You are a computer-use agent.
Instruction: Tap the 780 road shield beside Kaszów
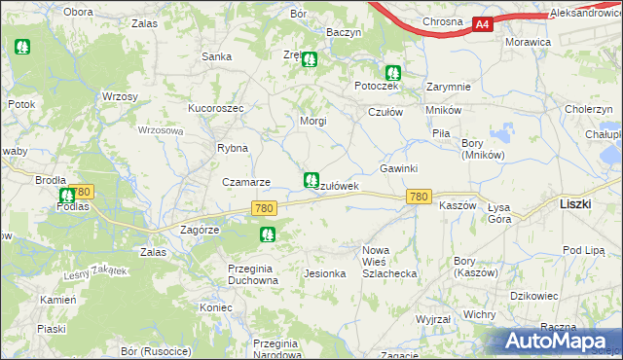[419, 198]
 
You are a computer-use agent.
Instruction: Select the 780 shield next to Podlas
[81, 193]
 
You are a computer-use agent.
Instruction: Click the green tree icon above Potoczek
[391, 72]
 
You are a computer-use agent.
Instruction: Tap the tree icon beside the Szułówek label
[311, 180]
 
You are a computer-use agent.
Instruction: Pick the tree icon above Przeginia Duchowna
[267, 234]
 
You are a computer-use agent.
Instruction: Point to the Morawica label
[528, 43]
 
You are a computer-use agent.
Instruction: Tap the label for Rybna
[233, 149]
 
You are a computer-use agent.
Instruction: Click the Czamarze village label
[245, 182]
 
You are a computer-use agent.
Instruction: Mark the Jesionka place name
[325, 273]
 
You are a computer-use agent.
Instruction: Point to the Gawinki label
[398, 168]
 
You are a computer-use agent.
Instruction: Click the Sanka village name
[215, 56]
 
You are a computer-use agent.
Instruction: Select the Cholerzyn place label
[588, 110]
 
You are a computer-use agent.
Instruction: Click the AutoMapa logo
[559, 341]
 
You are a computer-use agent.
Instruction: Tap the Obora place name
[78, 12]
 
